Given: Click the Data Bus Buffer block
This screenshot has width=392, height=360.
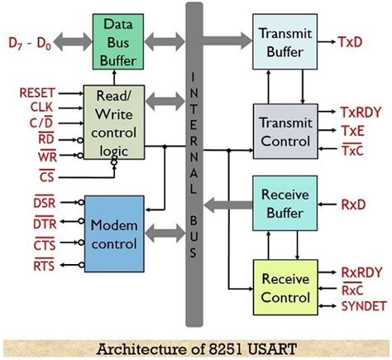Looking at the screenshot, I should click(116, 41).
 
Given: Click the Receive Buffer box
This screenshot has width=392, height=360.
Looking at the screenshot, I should click(284, 204).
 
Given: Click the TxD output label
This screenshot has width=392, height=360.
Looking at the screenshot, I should click(353, 40).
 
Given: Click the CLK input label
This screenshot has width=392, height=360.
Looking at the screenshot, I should click(42, 108).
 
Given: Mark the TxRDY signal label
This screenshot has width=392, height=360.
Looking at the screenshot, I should click(361, 111).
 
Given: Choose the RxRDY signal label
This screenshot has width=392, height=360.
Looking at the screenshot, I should click(361, 271).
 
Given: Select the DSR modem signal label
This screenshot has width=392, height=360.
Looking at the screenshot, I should click(45, 203).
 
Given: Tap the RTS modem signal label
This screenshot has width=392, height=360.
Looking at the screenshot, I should click(45, 265).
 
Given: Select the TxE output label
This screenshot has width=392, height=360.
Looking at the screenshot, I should click(353, 129).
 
